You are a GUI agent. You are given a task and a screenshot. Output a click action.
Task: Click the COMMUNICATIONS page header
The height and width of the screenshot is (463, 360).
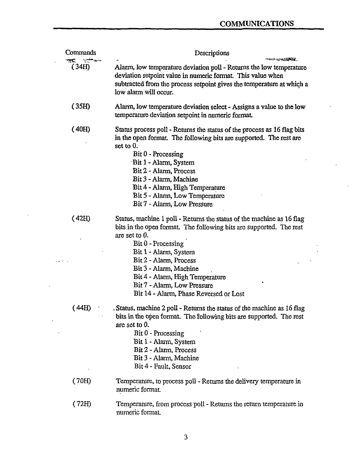256,24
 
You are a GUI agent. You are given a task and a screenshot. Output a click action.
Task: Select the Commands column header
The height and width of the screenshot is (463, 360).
80,53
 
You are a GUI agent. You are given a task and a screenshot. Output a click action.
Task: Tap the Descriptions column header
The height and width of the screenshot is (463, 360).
212,53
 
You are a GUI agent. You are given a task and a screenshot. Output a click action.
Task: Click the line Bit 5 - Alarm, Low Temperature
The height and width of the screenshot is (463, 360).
179,196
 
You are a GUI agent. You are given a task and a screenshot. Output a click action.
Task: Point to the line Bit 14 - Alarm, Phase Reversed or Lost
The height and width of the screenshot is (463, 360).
189,294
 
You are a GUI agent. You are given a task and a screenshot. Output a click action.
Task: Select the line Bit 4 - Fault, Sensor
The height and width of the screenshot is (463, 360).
163,366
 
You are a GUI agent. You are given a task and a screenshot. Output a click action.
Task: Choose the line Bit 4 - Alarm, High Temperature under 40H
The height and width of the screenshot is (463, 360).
179,188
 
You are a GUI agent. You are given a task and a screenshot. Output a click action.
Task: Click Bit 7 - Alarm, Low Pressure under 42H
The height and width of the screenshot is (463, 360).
173,285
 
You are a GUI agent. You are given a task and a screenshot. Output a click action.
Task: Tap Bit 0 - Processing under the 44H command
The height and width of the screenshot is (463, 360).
159,333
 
